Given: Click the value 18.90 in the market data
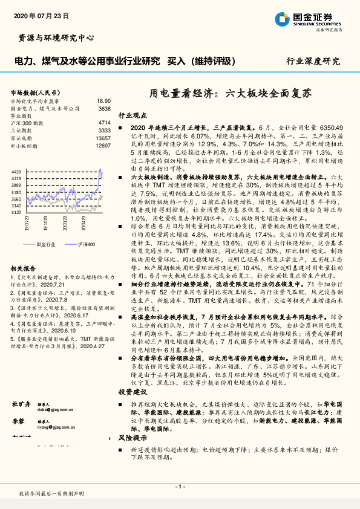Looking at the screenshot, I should pyautogui.click(x=103, y=101).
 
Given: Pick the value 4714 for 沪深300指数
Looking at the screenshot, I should pyautogui.click(x=104, y=123).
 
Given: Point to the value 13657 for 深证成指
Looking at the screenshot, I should pyautogui.click(x=103, y=138).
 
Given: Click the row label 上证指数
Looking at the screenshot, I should pyautogui.click(x=23, y=131).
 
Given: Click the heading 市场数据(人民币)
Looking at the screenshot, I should pyautogui.click(x=35, y=92).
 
